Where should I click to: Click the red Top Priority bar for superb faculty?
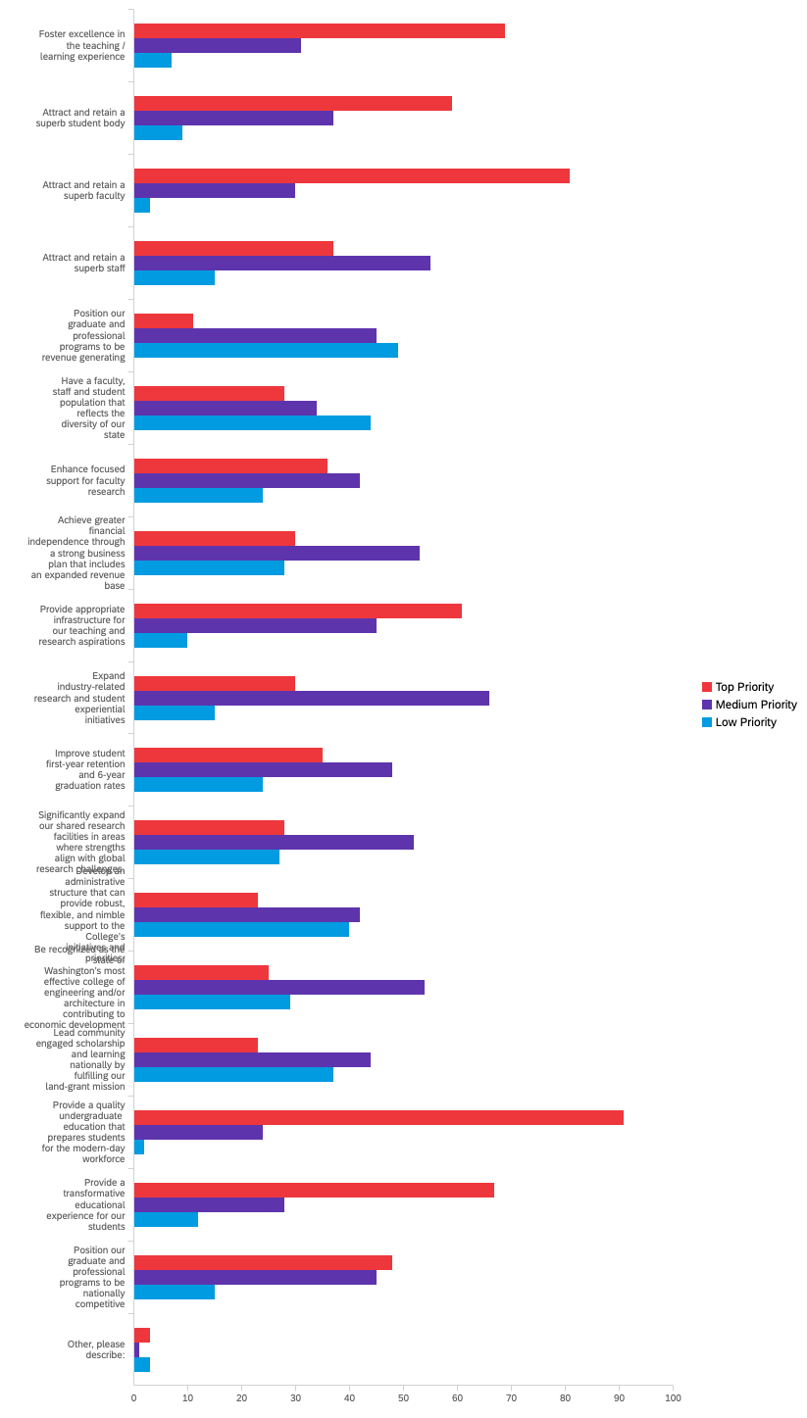click(351, 176)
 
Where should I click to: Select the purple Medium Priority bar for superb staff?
click(281, 263)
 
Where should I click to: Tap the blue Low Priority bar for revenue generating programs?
click(266, 350)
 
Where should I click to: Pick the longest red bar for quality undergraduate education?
click(378, 1118)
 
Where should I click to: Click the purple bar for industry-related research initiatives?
click(311, 699)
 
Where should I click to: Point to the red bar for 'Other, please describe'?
click(142, 1335)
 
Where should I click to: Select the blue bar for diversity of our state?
click(252, 423)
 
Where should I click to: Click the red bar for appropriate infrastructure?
click(297, 611)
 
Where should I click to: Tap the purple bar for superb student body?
click(233, 119)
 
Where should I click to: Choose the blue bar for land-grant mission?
click(233, 1075)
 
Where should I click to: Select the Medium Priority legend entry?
click(749, 705)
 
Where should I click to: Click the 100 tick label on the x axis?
click(672, 1397)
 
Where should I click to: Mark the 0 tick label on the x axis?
click(134, 1397)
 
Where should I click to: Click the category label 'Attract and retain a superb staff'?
click(83, 263)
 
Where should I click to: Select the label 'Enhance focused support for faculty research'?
click(86, 480)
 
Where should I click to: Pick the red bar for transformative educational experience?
click(314, 1191)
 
